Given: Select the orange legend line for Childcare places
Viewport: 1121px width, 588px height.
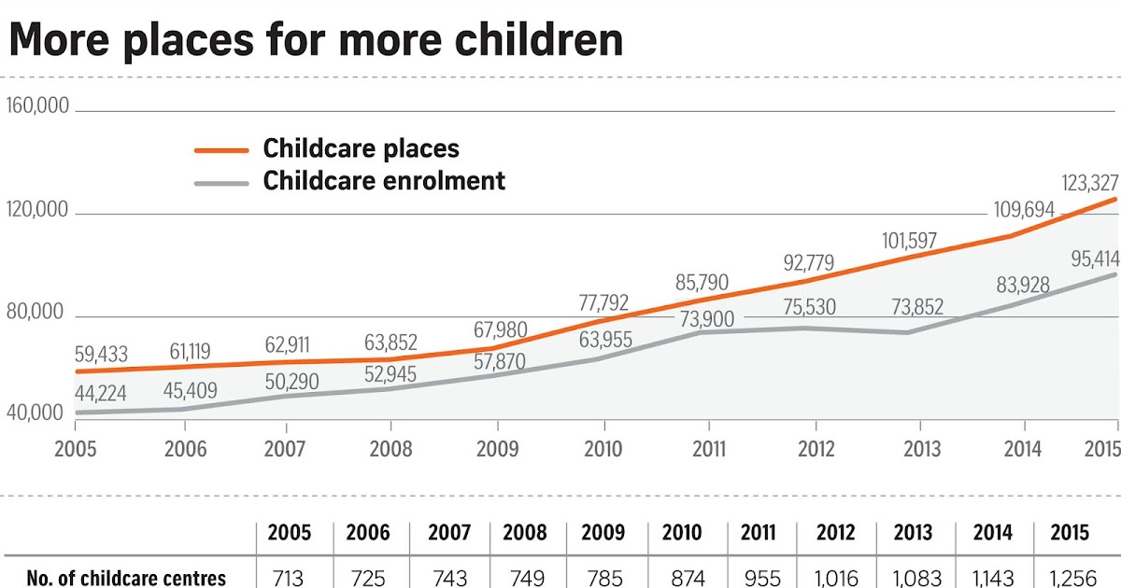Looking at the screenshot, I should click(x=221, y=149).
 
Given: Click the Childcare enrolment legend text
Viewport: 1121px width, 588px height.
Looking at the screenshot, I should click(x=384, y=180).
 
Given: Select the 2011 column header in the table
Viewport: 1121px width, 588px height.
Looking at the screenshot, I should click(x=758, y=534).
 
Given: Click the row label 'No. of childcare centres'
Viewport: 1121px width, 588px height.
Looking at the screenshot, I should click(x=126, y=578).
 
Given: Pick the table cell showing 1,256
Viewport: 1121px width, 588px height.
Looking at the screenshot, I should click(x=1069, y=578).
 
